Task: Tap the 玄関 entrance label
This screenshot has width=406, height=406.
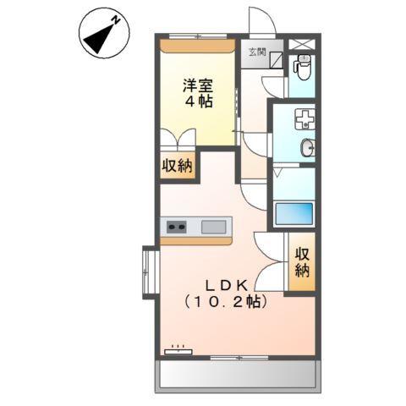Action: pos(255,52)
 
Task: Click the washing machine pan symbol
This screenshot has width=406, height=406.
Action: pos(303,118)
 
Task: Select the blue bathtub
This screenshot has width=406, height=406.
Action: pos(294,212)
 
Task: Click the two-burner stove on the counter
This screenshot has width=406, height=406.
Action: pos(177,226)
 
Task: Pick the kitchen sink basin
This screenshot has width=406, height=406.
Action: pos(215,226)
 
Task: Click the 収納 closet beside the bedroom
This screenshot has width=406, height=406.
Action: pos(178,166)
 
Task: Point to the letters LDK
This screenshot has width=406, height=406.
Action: pos(222,285)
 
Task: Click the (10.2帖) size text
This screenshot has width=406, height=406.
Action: pos(222,301)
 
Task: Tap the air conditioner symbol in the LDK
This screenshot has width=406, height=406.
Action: pos(178,349)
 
